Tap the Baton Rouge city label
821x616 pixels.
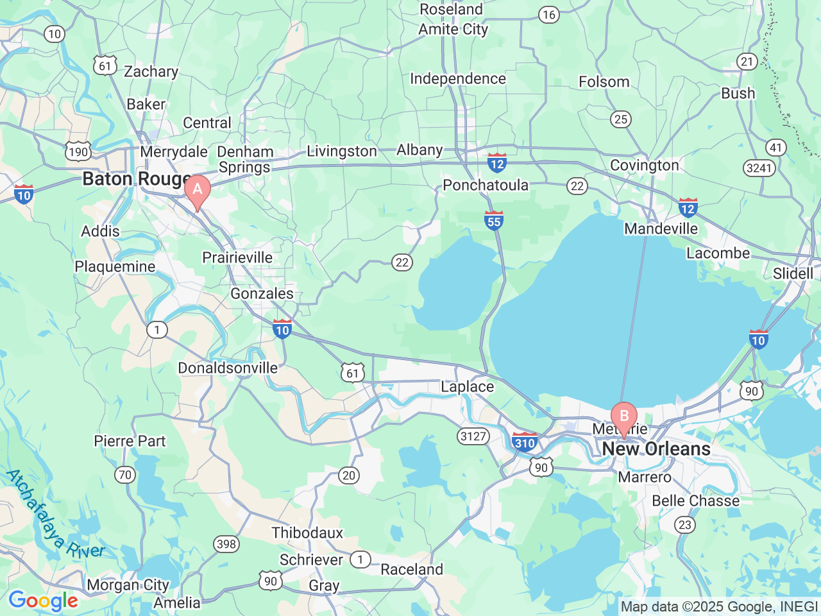pos(137,179)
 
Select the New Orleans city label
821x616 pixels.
pos(656,449)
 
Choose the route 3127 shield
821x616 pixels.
pos(473,436)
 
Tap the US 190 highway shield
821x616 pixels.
pos(78,151)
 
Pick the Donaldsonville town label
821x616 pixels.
pos(228,368)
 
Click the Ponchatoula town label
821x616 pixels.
pos(486,185)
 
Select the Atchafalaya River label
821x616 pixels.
pos(54,514)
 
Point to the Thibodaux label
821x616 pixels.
pos(307,533)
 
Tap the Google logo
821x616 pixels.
pos(43,601)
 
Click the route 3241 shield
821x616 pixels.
pos(759,168)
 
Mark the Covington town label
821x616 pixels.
pos(644,165)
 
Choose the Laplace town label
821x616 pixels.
pos(467,386)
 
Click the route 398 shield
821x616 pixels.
pos(226,544)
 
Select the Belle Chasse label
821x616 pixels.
pos(695,501)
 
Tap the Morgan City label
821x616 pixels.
pos(128,585)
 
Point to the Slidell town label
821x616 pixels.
pos(793,273)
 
